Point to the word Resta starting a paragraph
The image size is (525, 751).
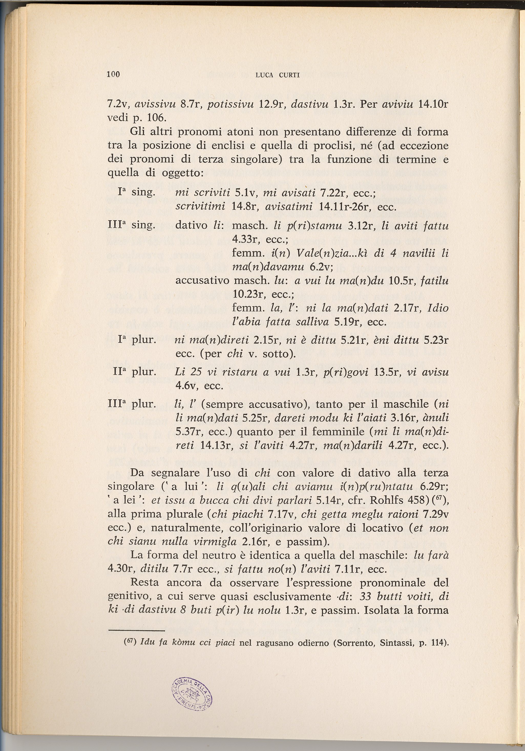pos(144,583)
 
